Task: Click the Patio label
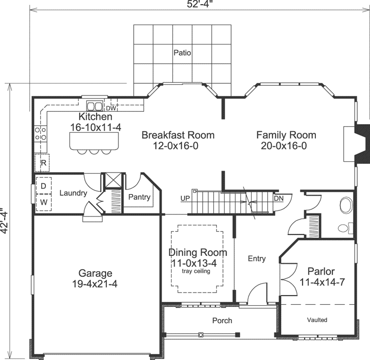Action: point(182,53)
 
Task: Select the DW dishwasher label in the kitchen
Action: point(111,108)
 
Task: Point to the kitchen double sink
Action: point(94,106)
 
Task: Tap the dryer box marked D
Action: point(43,186)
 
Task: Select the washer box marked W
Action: point(43,202)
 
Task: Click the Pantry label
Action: point(139,197)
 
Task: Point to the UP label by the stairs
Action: point(185,198)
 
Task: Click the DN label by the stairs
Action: point(279,198)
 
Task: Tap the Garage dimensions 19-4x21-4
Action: point(95,284)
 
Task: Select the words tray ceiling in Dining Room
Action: point(196,272)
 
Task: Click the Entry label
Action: point(257,259)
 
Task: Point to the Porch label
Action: point(222,321)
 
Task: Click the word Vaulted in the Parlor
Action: point(317,320)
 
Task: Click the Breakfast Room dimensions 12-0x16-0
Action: point(177,146)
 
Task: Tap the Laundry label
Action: point(73,194)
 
